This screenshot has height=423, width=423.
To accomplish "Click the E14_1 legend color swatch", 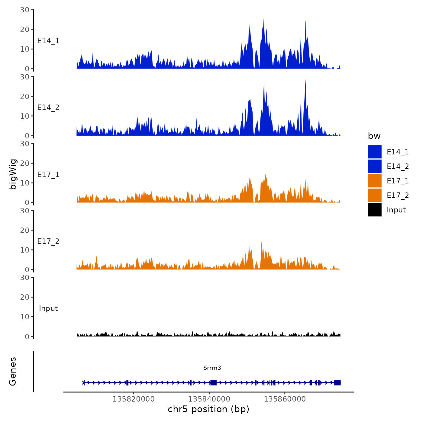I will pyautogui.click(x=375, y=152).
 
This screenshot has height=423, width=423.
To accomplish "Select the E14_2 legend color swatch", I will pyautogui.click(x=375, y=166).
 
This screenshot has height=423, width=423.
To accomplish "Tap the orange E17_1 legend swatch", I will pyautogui.click(x=375, y=181).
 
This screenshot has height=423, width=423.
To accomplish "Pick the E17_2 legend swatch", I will pyautogui.click(x=375, y=195).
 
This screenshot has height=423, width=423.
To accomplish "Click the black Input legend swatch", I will pyautogui.click(x=375, y=210).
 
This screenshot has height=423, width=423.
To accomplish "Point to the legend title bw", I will pyautogui.click(x=374, y=136).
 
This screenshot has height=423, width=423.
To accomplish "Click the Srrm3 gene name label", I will pyautogui.click(x=212, y=368).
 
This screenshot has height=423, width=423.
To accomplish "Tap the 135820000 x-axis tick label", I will pyautogui.click(x=134, y=399).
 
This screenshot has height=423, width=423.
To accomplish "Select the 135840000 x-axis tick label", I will pyautogui.click(x=209, y=399).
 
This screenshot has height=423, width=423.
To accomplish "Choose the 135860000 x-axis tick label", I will pyautogui.click(x=285, y=399).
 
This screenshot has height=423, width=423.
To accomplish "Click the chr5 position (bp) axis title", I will pyautogui.click(x=208, y=409).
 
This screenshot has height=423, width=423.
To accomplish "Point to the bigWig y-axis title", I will pyautogui.click(x=13, y=174).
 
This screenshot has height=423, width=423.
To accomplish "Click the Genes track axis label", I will pyautogui.click(x=13, y=371).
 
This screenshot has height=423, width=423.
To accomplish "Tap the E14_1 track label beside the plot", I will pyautogui.click(x=48, y=41).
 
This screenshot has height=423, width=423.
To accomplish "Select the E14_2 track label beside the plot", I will pyautogui.click(x=48, y=108).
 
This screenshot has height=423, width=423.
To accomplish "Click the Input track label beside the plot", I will pyautogui.click(x=48, y=308).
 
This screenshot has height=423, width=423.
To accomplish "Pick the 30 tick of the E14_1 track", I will pyautogui.click(x=25, y=10).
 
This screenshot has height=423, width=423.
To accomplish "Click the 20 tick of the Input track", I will pyautogui.click(x=25, y=297).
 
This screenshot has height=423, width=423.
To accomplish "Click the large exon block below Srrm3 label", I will pyautogui.click(x=214, y=383).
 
